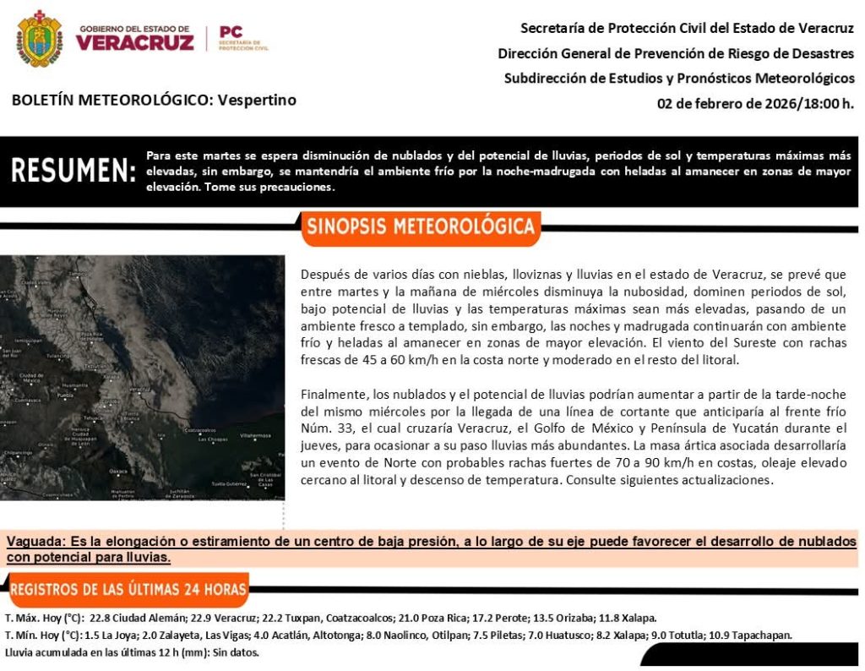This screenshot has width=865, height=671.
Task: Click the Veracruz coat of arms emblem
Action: pyautogui.click(x=39, y=39)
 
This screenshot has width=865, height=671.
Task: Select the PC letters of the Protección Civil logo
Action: pyautogui.click(x=230, y=32)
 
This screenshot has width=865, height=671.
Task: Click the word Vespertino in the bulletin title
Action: pyautogui.click(x=257, y=100)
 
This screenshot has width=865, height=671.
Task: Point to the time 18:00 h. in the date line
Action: pyautogui.click(x=825, y=104)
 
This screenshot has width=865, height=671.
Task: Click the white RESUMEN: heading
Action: pyautogui.click(x=73, y=171)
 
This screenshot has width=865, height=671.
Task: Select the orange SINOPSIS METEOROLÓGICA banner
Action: pyautogui.click(x=420, y=226)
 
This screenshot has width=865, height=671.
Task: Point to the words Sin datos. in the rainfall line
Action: pyautogui.click(x=236, y=652)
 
